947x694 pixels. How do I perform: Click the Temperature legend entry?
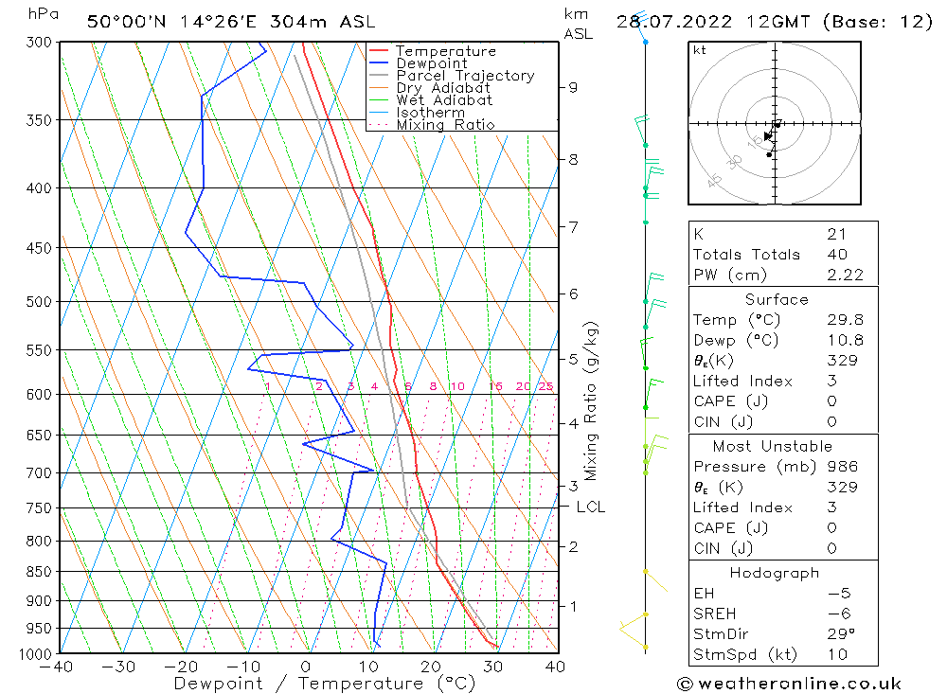click(x=445, y=51)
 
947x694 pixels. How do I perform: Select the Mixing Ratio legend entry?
click(x=445, y=124)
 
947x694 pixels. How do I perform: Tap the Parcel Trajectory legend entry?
click(x=465, y=76)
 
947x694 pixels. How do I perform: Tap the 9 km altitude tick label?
click(x=573, y=87)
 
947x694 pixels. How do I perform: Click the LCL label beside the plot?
click(x=590, y=507)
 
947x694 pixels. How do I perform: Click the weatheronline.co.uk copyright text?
click(x=789, y=684)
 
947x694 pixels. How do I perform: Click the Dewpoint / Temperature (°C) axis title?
click(x=325, y=684)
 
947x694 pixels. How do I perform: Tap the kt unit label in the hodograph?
click(x=700, y=50)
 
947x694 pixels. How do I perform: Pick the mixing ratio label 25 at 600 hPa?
click(x=545, y=386)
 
